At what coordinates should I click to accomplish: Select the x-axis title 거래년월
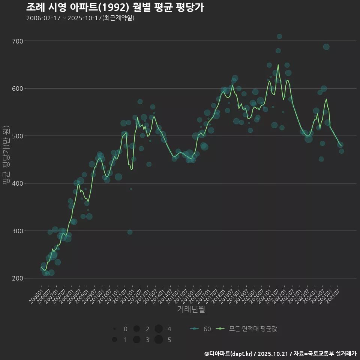tap(191, 309)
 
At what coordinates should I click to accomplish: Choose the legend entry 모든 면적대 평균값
tap(247, 329)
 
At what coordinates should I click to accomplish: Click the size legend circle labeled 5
tap(158, 340)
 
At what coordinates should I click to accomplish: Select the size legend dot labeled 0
tap(114, 329)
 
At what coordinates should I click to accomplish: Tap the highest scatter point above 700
tap(279, 36)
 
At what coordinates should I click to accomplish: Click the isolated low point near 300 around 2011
tap(130, 232)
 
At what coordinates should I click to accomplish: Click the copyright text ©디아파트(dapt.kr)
tap(228, 354)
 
